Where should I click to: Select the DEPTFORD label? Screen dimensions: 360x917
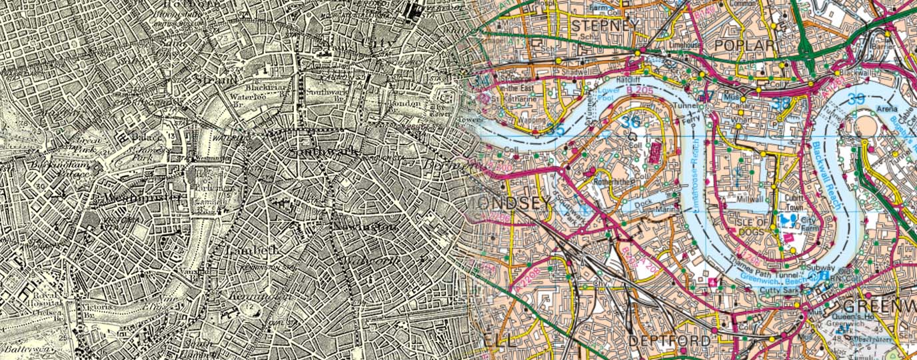[668, 340]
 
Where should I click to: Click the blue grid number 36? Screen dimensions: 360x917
[631, 122]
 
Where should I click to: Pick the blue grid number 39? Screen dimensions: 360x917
[859, 99]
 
